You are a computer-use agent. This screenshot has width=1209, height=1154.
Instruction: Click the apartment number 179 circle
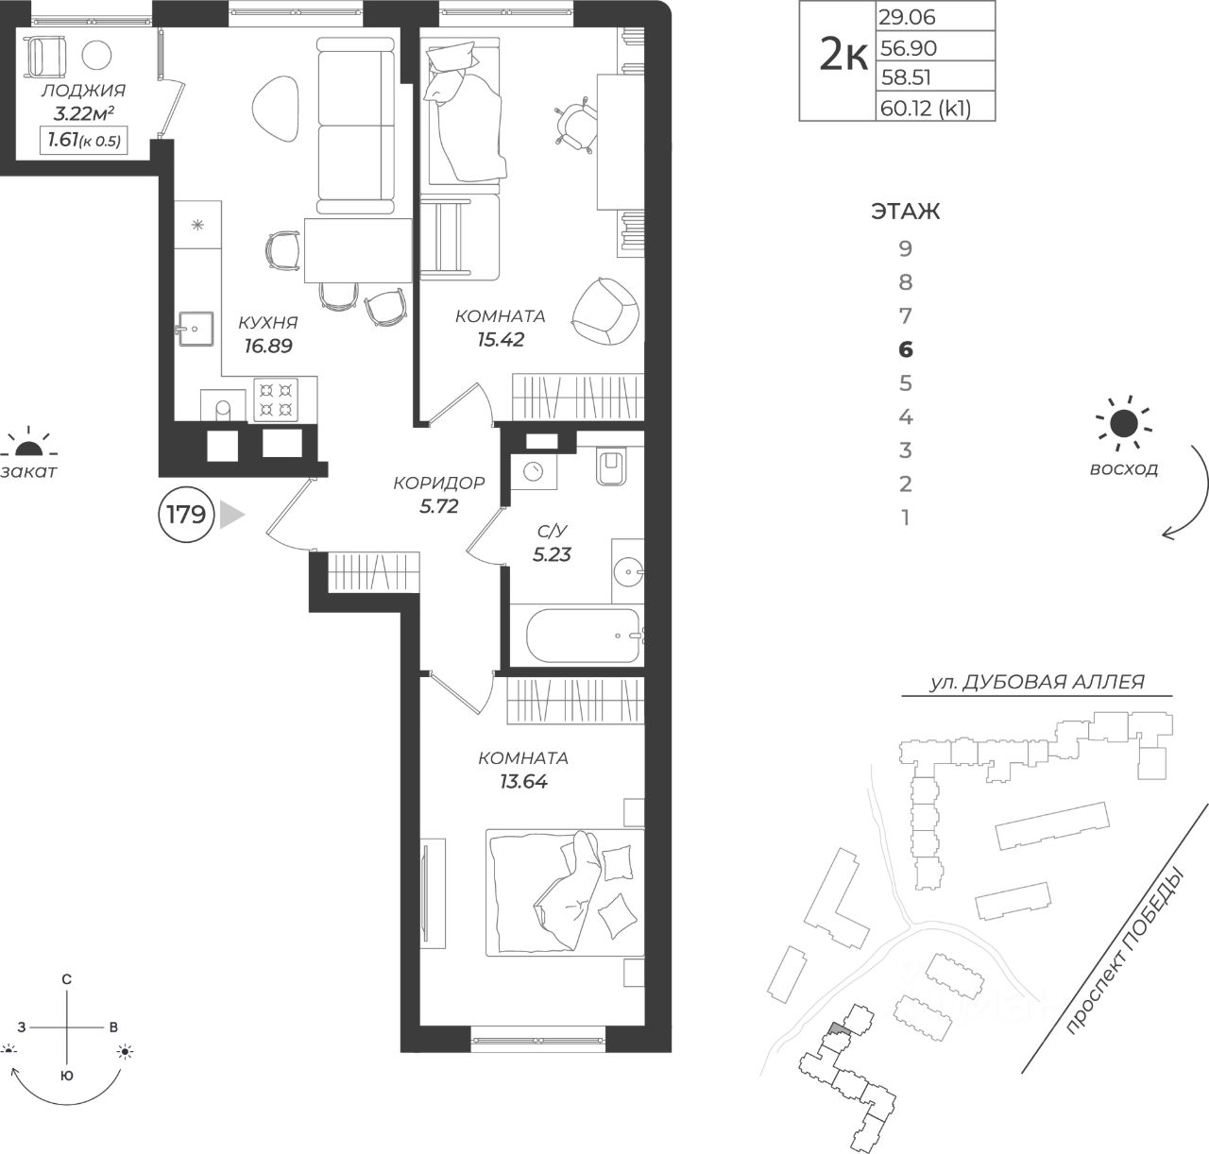pos(186,515)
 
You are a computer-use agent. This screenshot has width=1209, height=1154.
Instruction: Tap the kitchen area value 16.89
pos(267,346)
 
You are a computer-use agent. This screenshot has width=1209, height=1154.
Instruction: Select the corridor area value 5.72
pos(438,506)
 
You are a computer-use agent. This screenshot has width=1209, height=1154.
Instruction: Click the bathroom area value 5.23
pos(552,554)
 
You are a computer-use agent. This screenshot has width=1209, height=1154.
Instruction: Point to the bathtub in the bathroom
pos(582,636)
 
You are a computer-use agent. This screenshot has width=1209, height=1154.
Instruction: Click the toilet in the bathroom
pos(611,467)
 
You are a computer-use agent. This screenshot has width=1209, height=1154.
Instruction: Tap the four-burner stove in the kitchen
pos(276,399)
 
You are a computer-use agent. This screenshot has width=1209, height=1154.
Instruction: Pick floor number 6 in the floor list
pos(906,349)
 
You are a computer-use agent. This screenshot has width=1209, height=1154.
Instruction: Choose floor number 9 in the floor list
pos(906,248)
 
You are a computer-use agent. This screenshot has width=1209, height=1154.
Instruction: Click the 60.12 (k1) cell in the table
pos(926,109)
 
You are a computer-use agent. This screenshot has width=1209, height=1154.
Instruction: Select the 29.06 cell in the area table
pos(907,17)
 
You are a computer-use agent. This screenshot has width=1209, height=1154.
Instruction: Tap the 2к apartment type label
pos(843,56)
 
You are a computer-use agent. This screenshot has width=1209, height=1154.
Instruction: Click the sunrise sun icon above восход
pos(1123,424)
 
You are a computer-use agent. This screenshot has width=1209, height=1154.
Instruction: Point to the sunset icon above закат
pos(28,445)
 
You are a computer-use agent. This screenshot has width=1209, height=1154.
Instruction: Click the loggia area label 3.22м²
pos(84,113)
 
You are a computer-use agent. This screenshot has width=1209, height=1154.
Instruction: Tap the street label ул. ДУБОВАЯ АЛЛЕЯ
pos(1037,682)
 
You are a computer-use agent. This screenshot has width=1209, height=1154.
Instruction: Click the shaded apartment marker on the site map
pos(838,1027)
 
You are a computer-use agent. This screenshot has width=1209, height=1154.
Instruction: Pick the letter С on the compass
pos(67,979)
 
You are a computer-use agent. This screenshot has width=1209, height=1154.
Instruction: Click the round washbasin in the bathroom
pos(629,571)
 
